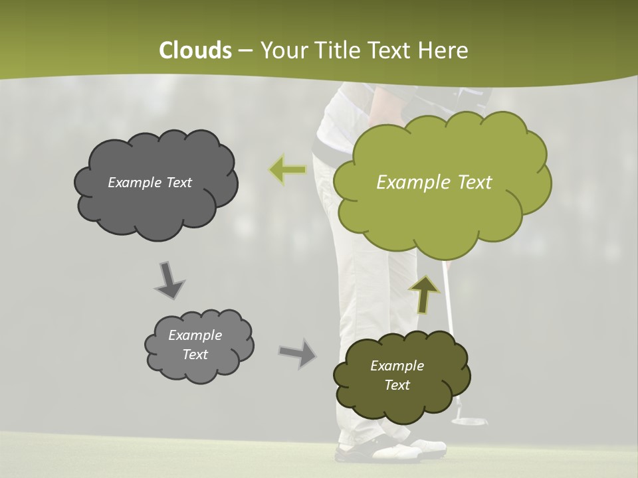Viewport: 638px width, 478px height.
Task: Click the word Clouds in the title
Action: [195, 50]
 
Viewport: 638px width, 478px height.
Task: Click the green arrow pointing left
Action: [287, 170]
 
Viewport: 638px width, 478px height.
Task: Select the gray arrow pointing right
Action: [298, 353]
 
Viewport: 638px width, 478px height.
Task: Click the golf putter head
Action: [469, 420]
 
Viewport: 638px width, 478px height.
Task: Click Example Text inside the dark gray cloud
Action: [150, 183]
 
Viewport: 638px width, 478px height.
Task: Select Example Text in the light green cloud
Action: [434, 183]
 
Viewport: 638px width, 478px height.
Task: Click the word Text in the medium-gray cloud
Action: [195, 355]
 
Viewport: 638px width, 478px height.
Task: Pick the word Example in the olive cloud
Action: [397, 366]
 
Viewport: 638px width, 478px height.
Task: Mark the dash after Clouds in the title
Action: [245, 50]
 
